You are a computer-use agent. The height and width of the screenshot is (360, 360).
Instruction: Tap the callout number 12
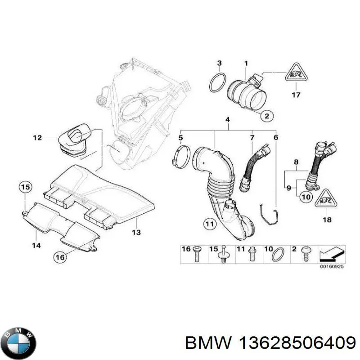(x=37, y=137)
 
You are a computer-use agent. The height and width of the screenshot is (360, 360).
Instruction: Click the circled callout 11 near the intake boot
(x=209, y=223)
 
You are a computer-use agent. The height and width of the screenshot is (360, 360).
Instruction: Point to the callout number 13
(x=136, y=232)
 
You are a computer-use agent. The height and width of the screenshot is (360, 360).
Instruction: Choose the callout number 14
(x=36, y=245)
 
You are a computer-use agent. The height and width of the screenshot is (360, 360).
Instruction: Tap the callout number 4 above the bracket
(x=228, y=119)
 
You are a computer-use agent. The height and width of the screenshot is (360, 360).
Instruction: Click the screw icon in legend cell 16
(x=197, y=255)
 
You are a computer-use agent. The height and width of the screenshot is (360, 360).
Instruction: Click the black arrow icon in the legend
(x=332, y=256)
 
